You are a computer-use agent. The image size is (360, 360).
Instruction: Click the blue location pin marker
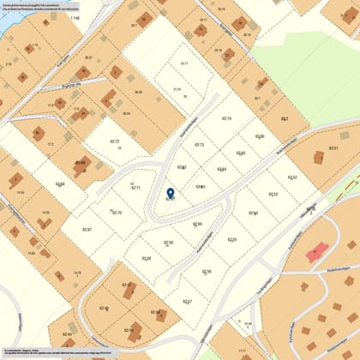(170, 193)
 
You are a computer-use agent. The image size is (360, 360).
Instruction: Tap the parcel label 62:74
(226, 118)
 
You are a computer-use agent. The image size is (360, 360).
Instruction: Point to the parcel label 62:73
(200, 145)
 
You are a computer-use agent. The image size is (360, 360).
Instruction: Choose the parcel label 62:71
(135, 188)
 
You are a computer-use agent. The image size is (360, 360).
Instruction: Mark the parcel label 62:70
(117, 212)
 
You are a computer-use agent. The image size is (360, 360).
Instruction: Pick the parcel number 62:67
(87, 230)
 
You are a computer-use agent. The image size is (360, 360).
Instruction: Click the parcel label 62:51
(333, 148)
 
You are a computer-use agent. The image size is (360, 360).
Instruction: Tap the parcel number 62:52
(292, 177)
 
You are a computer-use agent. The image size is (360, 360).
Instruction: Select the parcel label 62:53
(273, 195)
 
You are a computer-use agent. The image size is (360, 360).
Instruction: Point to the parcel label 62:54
(254, 213)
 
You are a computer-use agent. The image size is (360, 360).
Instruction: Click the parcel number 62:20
(231, 239)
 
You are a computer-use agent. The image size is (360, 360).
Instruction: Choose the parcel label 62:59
(169, 243)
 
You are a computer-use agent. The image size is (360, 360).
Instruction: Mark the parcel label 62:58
(207, 272)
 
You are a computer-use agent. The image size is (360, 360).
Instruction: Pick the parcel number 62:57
(187, 302)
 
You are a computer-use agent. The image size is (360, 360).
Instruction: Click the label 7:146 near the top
(74, 17)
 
